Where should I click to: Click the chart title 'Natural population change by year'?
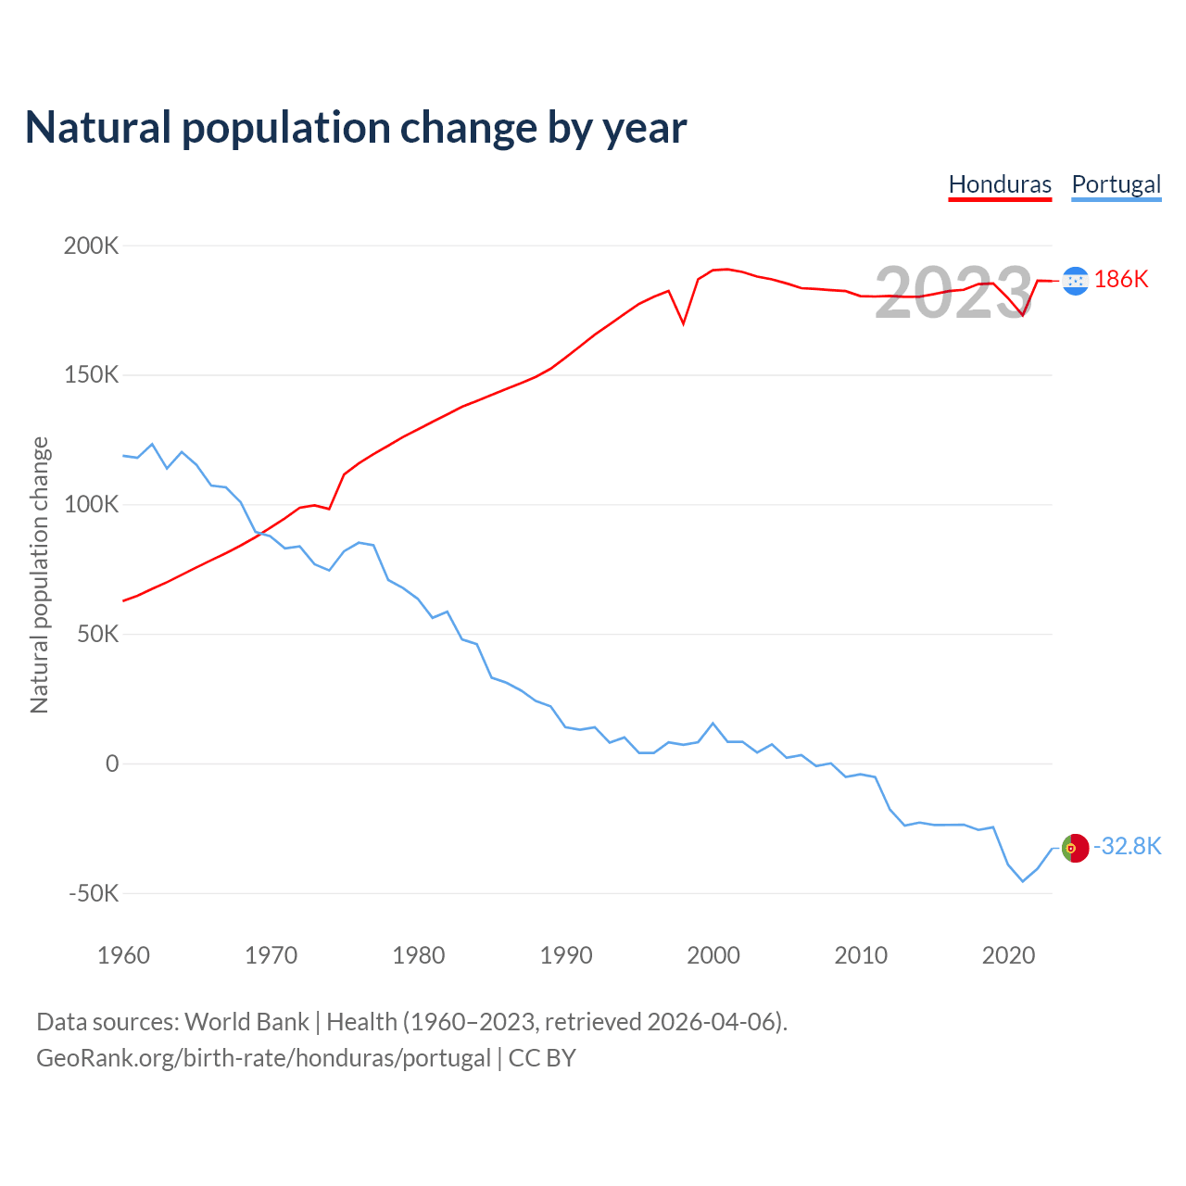(356, 128)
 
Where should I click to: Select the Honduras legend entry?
(1000, 184)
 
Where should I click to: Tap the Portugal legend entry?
(1116, 184)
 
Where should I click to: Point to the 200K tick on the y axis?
(92, 246)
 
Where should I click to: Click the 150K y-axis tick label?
(92, 375)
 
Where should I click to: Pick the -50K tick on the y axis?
(94, 893)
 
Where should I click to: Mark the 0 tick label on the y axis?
(112, 763)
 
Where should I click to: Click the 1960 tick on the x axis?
(123, 955)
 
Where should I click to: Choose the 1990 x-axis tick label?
(566, 955)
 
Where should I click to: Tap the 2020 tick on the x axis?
(1008, 955)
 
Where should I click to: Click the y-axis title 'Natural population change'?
(40, 575)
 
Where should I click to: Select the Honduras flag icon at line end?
(1075, 281)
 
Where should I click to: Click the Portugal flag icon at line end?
(1075, 848)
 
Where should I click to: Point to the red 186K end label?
(1121, 280)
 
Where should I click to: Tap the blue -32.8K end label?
(1127, 847)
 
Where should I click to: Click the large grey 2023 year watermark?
(953, 293)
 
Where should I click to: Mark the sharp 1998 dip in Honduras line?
(684, 323)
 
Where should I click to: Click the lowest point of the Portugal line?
(1023, 881)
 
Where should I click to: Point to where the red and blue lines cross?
(262, 533)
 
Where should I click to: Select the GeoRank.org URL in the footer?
(263, 1058)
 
